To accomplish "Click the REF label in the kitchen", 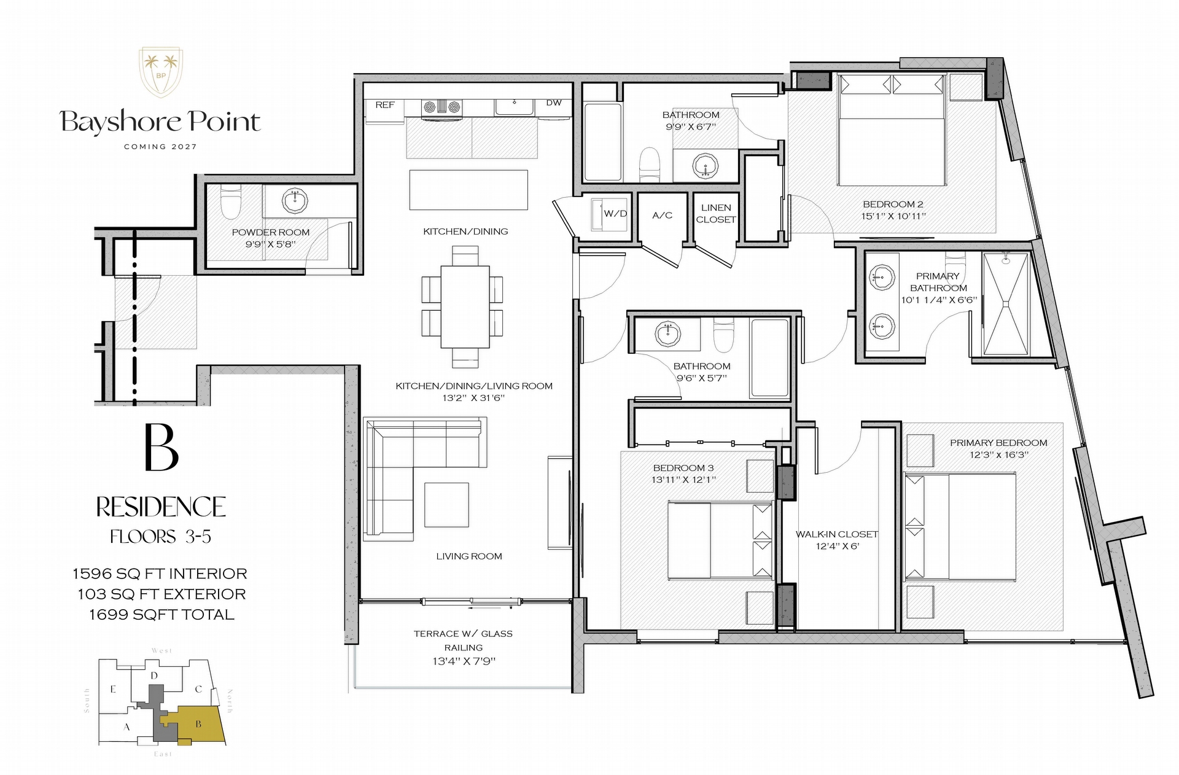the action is click(385, 105).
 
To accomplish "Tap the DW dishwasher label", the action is click(554, 103).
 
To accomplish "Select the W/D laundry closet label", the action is click(615, 214).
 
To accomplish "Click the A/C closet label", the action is click(662, 215).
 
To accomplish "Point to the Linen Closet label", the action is click(716, 213).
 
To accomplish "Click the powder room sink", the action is click(295, 200).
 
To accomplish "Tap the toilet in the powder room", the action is click(231, 201).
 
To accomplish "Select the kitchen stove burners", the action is click(441, 107).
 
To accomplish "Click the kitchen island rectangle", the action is click(469, 190).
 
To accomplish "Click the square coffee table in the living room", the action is click(446, 504).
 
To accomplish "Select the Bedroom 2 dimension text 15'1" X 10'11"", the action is click(893, 216).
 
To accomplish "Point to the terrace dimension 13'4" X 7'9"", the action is click(464, 661).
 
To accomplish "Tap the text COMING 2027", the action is click(160, 147).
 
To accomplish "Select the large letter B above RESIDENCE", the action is click(161, 447).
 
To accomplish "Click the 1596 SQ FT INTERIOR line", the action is click(160, 574).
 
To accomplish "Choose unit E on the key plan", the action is click(113, 689).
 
